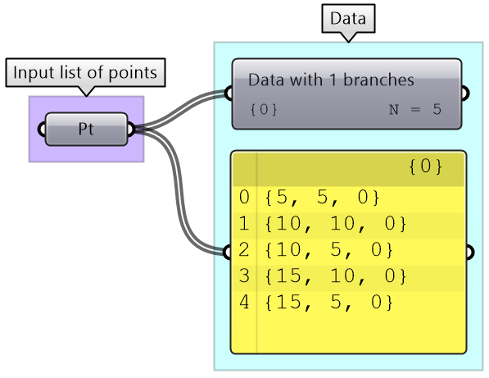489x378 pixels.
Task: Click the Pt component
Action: click(x=86, y=129)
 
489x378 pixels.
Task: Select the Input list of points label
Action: click(x=85, y=72)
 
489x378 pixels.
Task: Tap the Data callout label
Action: click(x=348, y=18)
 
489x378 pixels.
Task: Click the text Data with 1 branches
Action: click(x=331, y=80)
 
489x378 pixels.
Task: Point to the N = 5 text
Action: click(x=415, y=109)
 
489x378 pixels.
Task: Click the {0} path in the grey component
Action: click(x=264, y=109)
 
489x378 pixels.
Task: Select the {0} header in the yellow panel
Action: click(x=425, y=166)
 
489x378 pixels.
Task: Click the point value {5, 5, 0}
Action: click(x=322, y=198)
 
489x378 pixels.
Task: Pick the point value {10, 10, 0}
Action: click(x=336, y=224)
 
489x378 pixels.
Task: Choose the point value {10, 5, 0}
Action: click(x=328, y=250)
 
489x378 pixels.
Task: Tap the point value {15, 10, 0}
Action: click(x=336, y=276)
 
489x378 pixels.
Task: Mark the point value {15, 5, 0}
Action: click(x=328, y=302)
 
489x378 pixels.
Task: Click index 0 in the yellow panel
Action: click(x=244, y=198)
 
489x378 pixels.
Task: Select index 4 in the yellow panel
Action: click(x=244, y=302)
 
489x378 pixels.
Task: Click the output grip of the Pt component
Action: click(x=131, y=130)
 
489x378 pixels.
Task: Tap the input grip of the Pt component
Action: click(x=42, y=130)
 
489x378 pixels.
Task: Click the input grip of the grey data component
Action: click(x=229, y=93)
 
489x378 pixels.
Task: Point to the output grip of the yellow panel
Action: click(x=470, y=253)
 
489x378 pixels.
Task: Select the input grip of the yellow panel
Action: click(x=227, y=253)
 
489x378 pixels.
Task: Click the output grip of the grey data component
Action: click(x=465, y=93)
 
